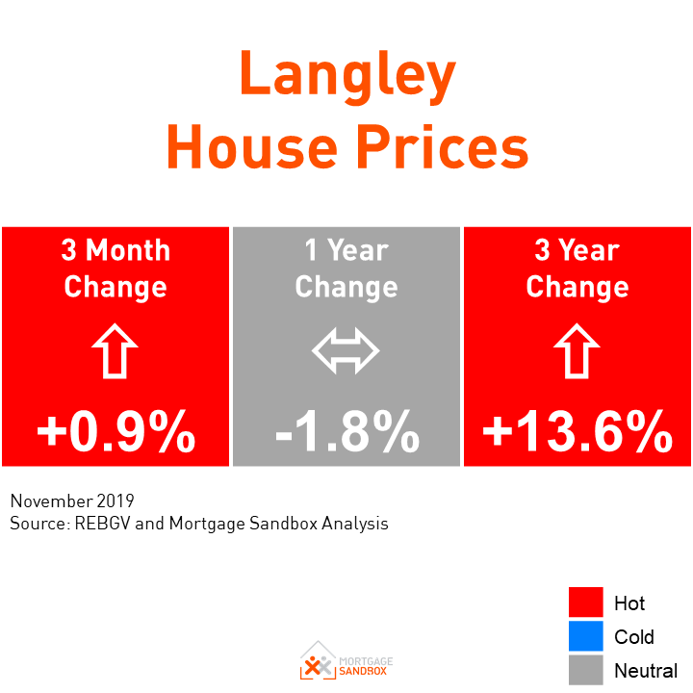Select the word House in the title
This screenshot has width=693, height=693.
pyautogui.click(x=251, y=149)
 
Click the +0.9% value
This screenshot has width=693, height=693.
pyautogui.click(x=115, y=432)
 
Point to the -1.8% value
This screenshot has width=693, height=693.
pyautogui.click(x=346, y=432)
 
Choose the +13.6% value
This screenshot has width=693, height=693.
pyautogui.click(x=577, y=432)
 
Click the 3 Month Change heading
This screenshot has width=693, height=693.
pyautogui.click(x=115, y=269)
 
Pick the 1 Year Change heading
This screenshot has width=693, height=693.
pyautogui.click(x=346, y=269)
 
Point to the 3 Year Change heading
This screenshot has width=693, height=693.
pyautogui.click(x=577, y=269)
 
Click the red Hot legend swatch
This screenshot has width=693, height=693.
pyautogui.click(x=585, y=603)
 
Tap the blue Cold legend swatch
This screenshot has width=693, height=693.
pyautogui.click(x=585, y=636)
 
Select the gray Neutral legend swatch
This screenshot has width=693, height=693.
pyautogui.click(x=585, y=670)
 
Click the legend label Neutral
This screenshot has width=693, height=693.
pyautogui.click(x=646, y=671)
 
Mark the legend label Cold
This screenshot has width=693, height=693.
pyautogui.click(x=634, y=637)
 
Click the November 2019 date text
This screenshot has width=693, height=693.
pyautogui.click(x=72, y=501)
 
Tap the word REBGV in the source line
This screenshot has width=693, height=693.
pyautogui.click(x=102, y=524)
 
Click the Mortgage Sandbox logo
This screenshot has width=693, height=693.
pyautogui.click(x=346, y=661)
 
